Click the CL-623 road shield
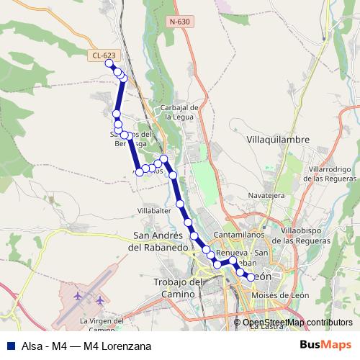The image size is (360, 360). coord(103,55)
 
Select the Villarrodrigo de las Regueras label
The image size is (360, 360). coord(329,173)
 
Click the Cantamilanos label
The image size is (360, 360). coord(235,235)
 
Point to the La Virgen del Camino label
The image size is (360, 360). coord(102,325)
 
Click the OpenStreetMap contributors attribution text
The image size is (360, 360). coord(297,322)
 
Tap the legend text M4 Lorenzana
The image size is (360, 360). coord(117,346)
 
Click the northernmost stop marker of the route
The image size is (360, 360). coord(109,63)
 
